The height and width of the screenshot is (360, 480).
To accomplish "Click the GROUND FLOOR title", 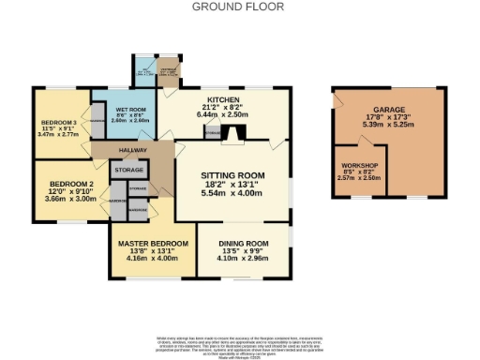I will [x=239, y=6].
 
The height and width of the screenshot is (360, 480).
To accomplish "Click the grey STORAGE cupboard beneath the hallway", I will [x=128, y=171].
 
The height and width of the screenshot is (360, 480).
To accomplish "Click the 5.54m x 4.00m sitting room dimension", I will [x=233, y=193].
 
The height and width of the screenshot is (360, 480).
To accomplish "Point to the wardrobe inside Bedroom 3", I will [x=97, y=123].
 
